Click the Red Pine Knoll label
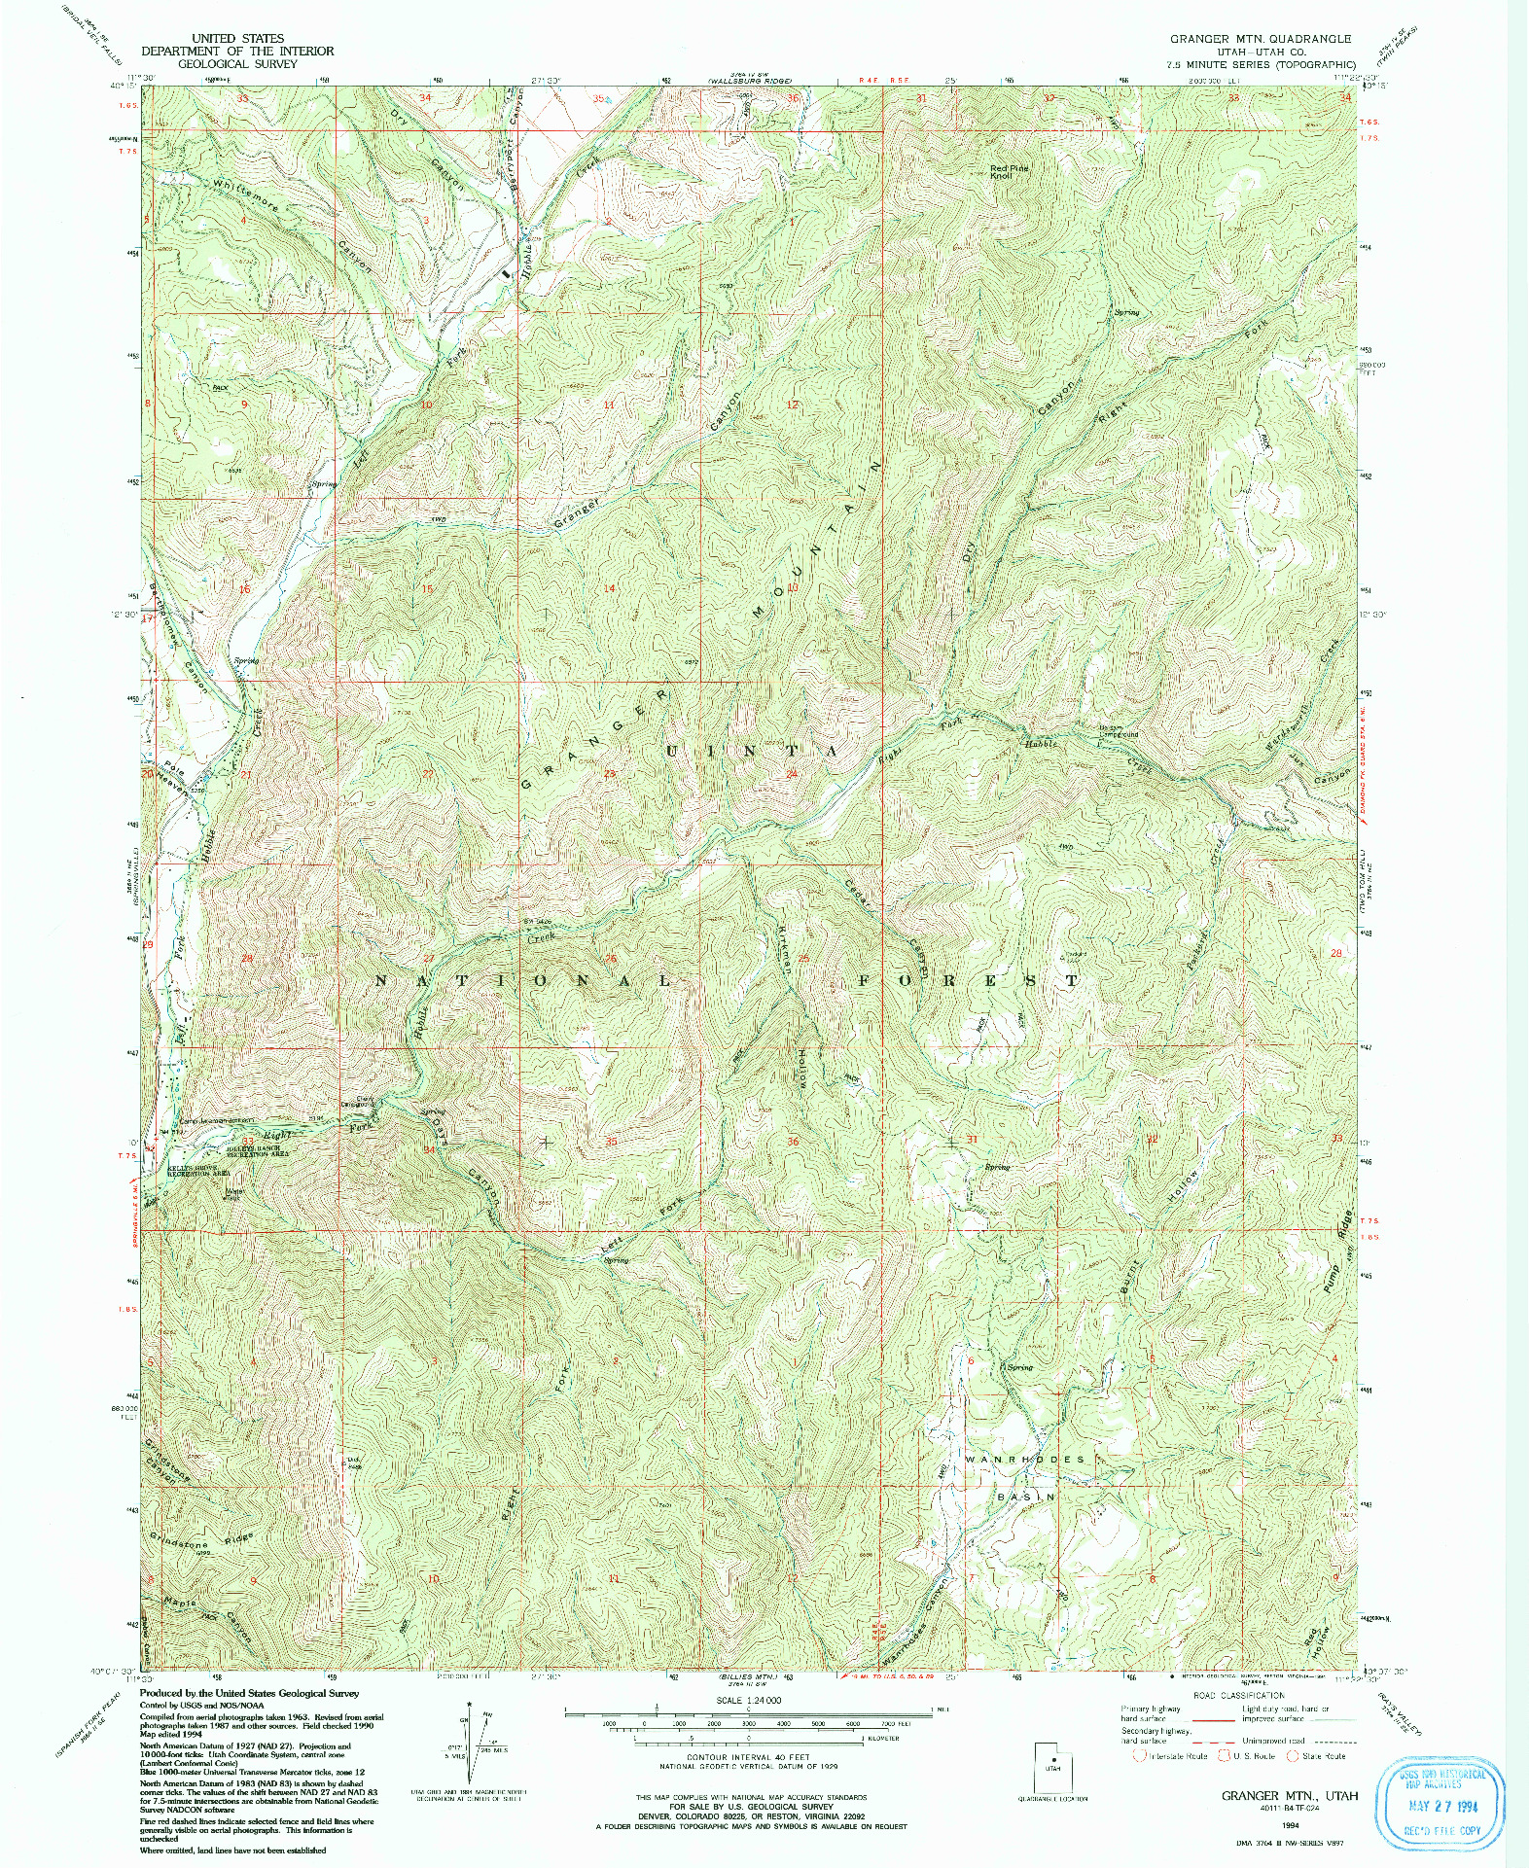click(1010, 172)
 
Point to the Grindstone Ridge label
click(200, 1544)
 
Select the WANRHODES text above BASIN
click(1024, 1460)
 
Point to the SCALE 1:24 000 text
click(746, 1701)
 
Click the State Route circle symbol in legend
click(1293, 1756)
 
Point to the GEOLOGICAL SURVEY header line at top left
click(236, 63)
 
